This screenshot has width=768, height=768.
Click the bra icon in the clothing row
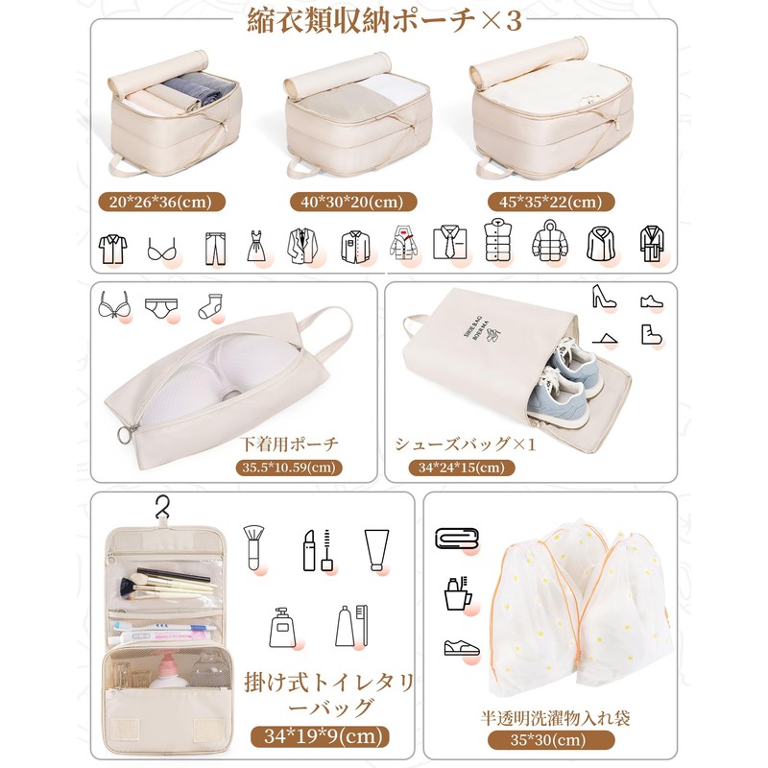point(162,252)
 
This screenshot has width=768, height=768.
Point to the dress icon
point(256,247)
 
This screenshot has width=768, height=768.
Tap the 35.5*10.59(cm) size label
point(290,468)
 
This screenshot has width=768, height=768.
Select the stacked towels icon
point(456,539)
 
